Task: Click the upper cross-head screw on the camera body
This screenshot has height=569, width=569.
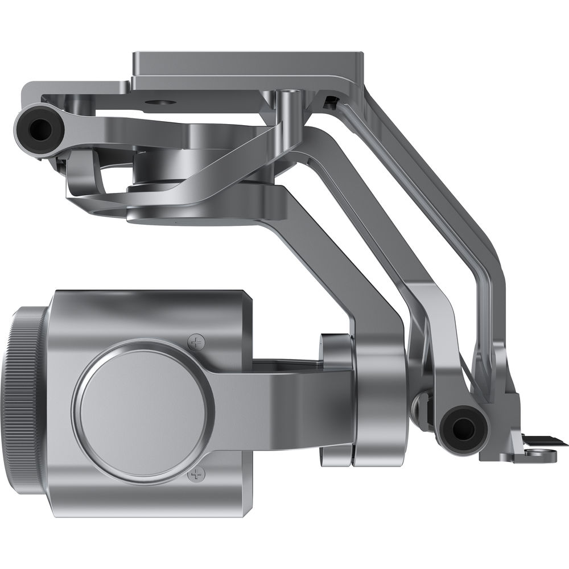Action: [197, 343]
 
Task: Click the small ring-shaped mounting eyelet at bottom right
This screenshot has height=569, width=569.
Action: [537, 453]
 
